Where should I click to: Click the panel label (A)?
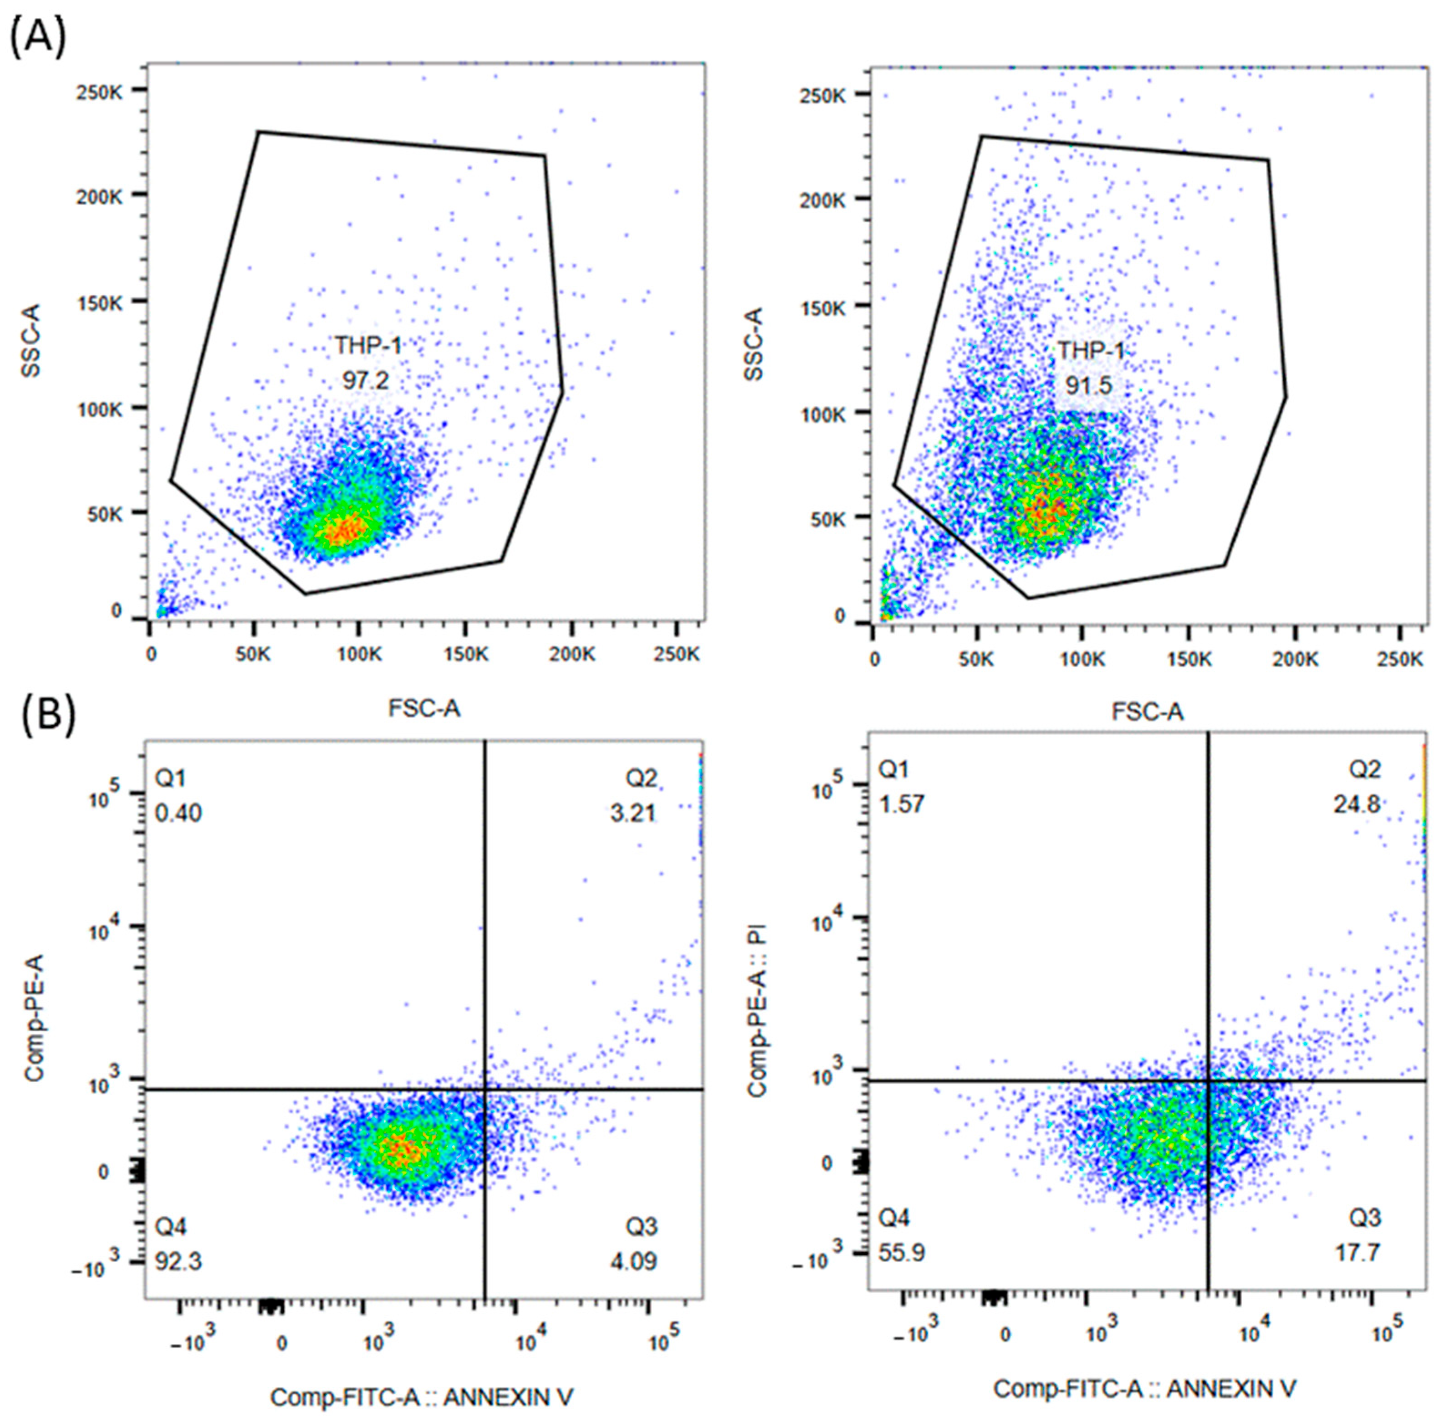click(37, 37)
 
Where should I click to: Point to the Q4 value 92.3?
click(179, 1262)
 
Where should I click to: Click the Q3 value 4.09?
click(633, 1262)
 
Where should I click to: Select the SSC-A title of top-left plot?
click(32, 340)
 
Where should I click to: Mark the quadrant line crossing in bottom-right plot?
click(1208, 1080)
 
